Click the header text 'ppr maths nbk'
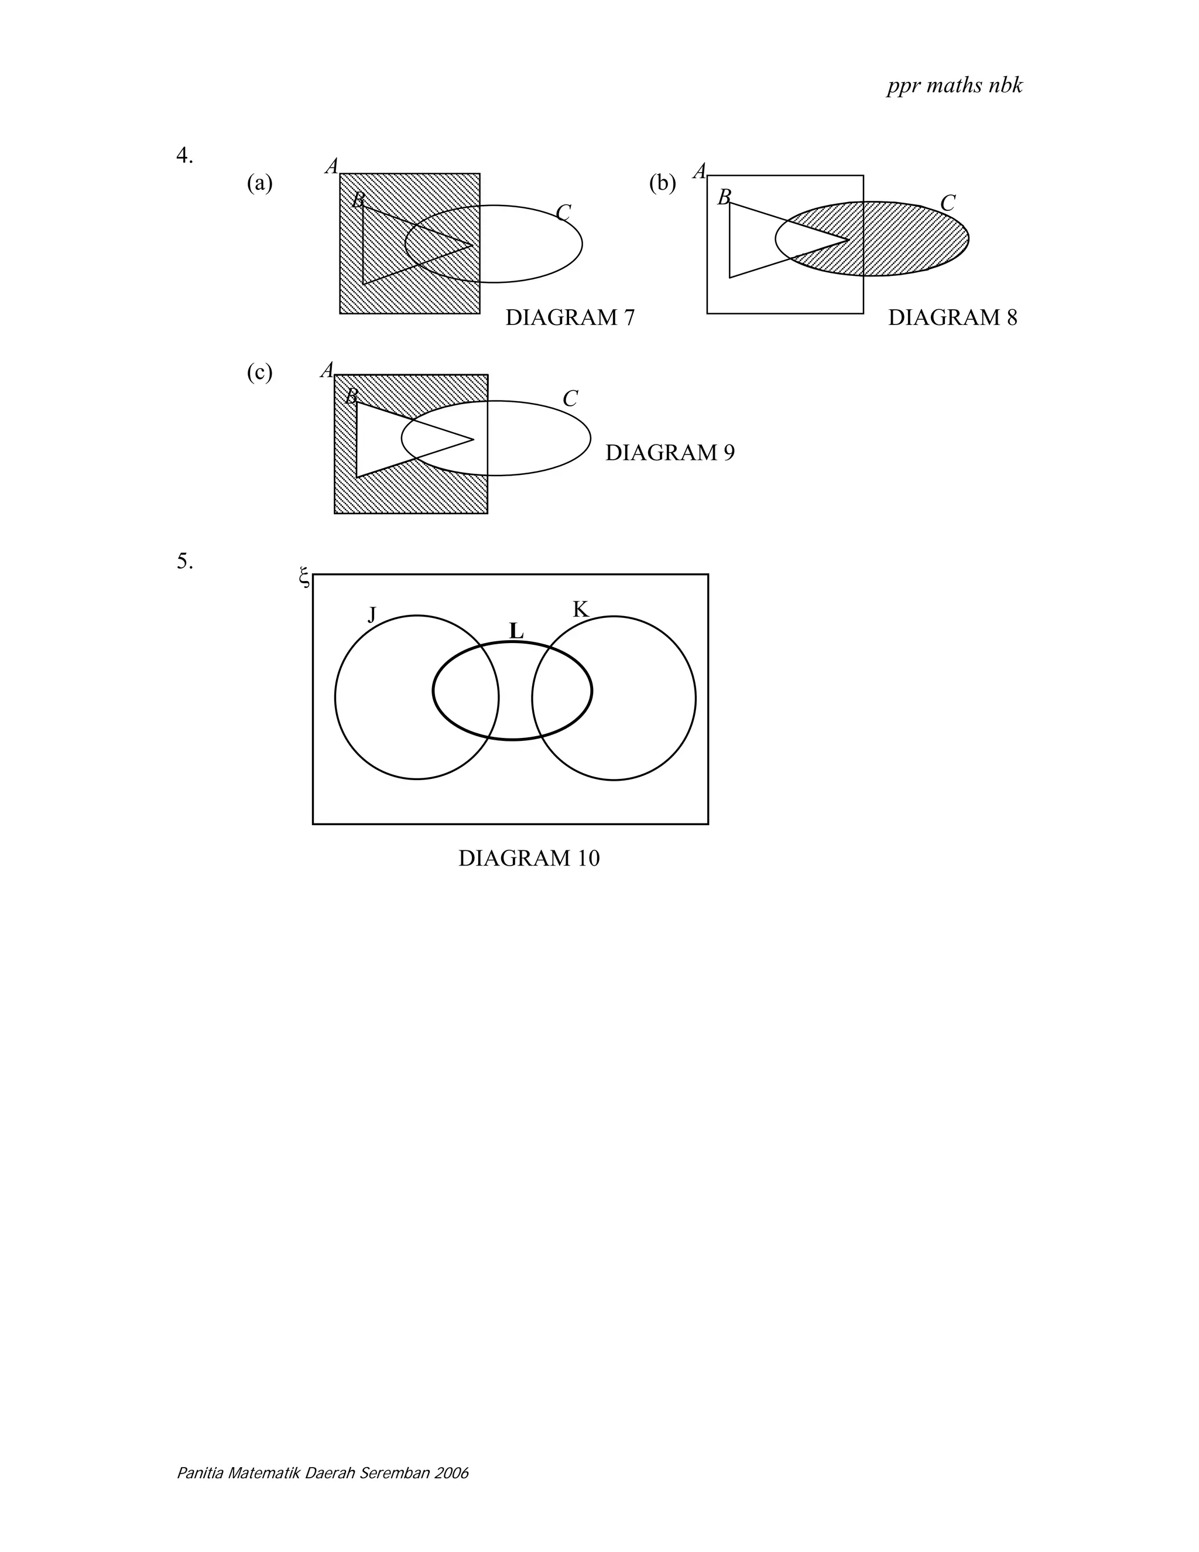pyautogui.click(x=954, y=86)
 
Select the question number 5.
pyautogui.click(x=184, y=562)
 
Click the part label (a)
pyautogui.click(x=260, y=183)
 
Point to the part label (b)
pyautogui.click(x=662, y=183)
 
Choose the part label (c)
pyautogui.click(x=260, y=372)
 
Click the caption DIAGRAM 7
pyautogui.click(x=570, y=317)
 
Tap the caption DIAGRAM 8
pyautogui.click(x=952, y=317)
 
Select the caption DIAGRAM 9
pyautogui.click(x=670, y=453)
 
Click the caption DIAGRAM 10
pyautogui.click(x=529, y=859)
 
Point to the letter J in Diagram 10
pyautogui.click(x=372, y=614)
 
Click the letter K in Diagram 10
pyautogui.click(x=580, y=610)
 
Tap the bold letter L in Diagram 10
pyautogui.click(x=516, y=631)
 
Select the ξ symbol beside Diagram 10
pyautogui.click(x=304, y=577)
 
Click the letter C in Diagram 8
pyautogui.click(x=948, y=204)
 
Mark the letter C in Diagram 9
pyautogui.click(x=570, y=399)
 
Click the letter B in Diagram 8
pyautogui.click(x=724, y=197)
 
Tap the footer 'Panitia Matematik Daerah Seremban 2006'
pyautogui.click(x=323, y=1472)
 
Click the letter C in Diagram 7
pyautogui.click(x=563, y=213)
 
